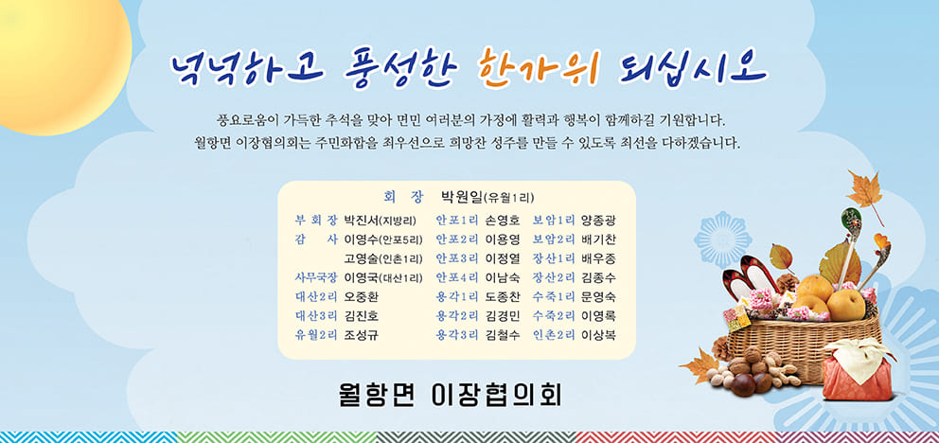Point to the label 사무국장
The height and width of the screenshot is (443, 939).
click(316, 277)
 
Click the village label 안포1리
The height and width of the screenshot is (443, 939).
click(457, 220)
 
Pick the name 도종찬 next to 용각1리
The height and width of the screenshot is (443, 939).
click(503, 297)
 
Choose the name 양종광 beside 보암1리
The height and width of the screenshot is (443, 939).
click(598, 221)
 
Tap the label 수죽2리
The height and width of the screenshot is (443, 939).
click(554, 315)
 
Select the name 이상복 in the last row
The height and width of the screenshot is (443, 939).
click(598, 335)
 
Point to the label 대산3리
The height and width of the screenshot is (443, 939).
click(316, 315)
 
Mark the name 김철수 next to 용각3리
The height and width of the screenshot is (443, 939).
click(503, 335)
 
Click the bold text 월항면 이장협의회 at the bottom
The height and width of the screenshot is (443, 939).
click(449, 396)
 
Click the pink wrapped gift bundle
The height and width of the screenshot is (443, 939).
click(858, 369)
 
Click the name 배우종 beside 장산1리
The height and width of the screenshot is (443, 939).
click(598, 258)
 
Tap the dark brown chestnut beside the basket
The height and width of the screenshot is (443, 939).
click(743, 383)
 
